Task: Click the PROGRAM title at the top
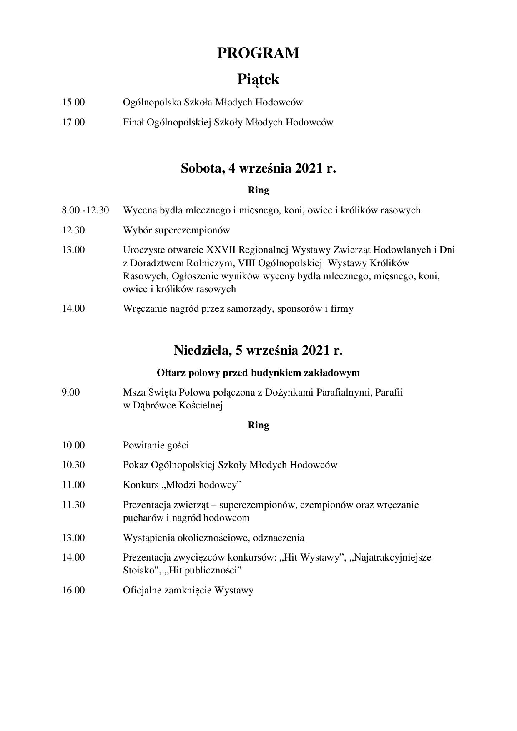tap(258, 53)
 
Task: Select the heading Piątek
tap(258, 79)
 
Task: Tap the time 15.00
tap(73, 102)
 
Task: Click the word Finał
tap(133, 122)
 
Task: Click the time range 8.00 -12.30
tap(85, 210)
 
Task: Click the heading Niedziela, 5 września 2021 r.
tap(258, 350)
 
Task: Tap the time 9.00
tap(71, 392)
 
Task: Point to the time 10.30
tap(73, 465)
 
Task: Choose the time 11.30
tap(73, 505)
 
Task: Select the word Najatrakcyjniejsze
tap(392, 557)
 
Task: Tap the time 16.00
tap(73, 590)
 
